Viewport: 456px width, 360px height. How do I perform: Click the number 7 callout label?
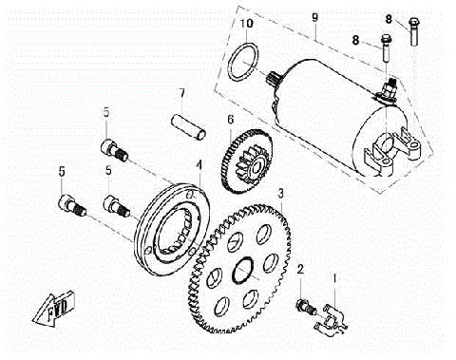click(x=180, y=94)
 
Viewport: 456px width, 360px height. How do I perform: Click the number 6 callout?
click(x=230, y=120)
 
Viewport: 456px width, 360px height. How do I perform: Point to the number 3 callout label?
click(x=281, y=193)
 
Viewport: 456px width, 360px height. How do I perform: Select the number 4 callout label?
click(x=199, y=164)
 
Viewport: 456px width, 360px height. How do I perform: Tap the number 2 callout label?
click(x=300, y=271)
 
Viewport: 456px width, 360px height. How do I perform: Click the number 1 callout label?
click(x=334, y=278)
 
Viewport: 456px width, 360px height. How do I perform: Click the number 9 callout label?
click(x=314, y=18)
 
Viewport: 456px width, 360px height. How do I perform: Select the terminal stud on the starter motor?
click(x=390, y=90)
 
